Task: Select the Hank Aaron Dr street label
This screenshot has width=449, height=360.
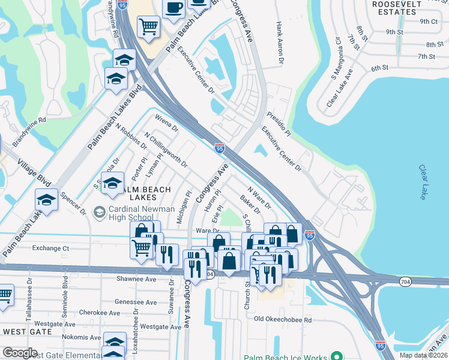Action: (x=279, y=43)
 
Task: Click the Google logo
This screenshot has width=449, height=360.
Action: (x=20, y=353)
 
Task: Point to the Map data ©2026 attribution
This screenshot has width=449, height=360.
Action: (x=424, y=355)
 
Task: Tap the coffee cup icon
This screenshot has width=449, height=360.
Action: (x=173, y=8)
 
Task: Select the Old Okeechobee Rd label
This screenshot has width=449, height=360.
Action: (x=283, y=320)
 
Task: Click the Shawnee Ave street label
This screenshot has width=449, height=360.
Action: (x=136, y=279)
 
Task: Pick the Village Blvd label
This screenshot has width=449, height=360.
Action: (x=35, y=171)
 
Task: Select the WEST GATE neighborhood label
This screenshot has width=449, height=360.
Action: (x=25, y=331)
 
